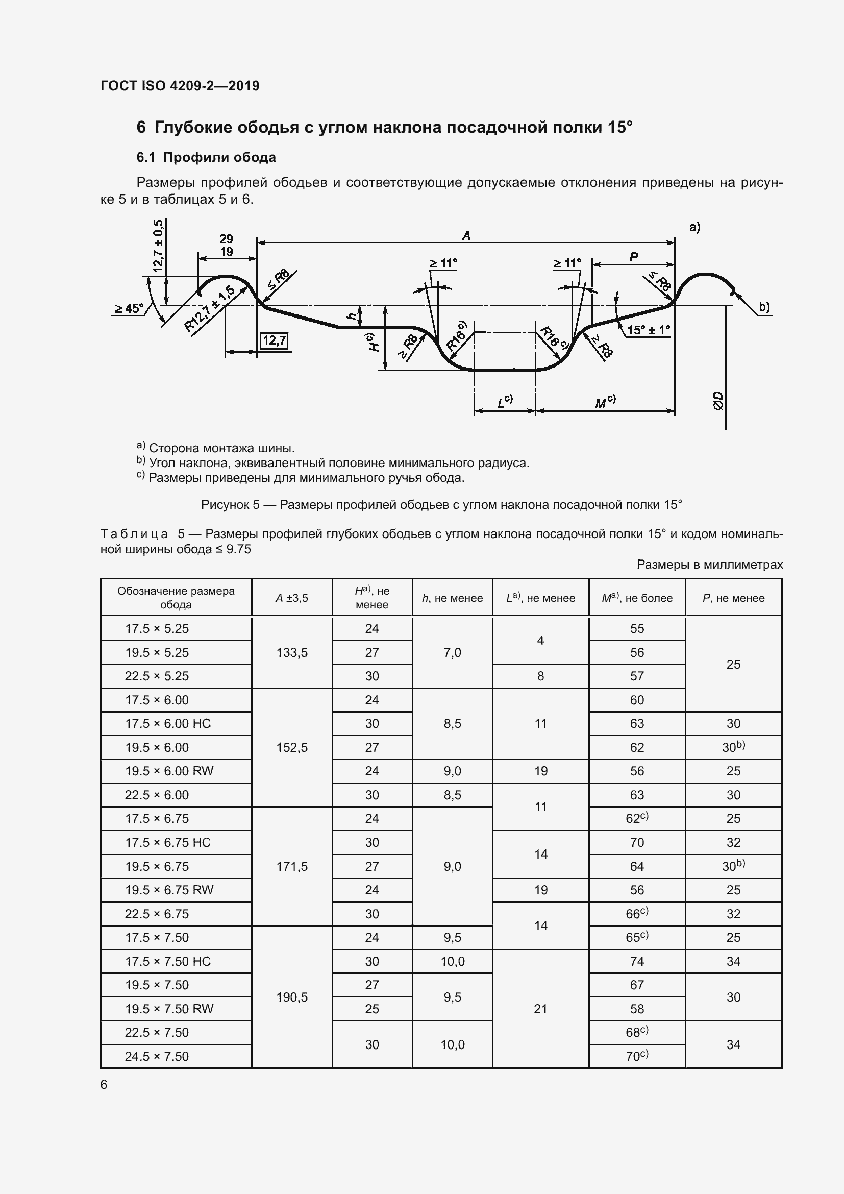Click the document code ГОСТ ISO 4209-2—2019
tap(180, 86)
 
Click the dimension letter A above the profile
tap(466, 235)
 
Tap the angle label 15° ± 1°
tap(648, 330)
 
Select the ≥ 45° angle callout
tap(129, 308)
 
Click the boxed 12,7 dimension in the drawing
tap(274, 341)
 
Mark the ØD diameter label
tap(718, 400)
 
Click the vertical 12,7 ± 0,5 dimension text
tap(158, 246)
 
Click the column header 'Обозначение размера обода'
tap(176, 598)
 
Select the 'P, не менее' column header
tap(733, 598)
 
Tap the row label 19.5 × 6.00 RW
tap(169, 771)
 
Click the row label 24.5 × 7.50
tap(157, 1056)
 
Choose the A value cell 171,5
tap(291, 866)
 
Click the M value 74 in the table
tap(637, 961)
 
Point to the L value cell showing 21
tap(540, 1009)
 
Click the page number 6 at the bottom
tap(104, 1084)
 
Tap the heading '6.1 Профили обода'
tap(206, 157)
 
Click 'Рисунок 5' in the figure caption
tap(230, 504)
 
